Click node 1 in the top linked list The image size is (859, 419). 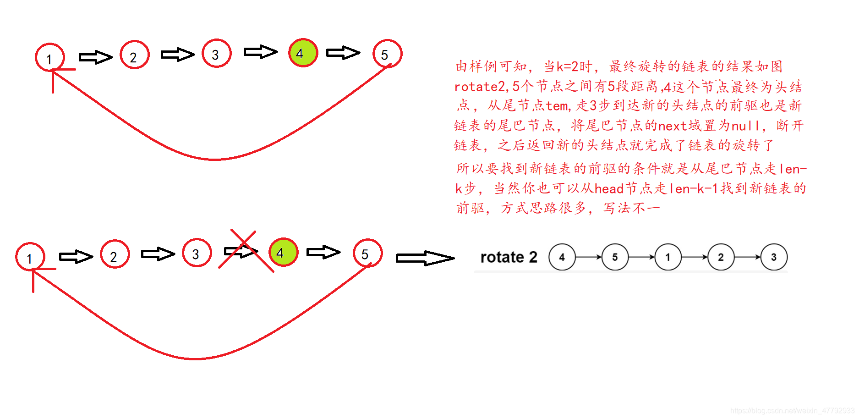49,57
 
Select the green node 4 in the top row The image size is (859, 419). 303,53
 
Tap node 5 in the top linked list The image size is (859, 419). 387,54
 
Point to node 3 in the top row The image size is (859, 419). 216,54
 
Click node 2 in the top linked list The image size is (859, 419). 134,55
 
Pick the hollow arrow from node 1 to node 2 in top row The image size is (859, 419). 95,57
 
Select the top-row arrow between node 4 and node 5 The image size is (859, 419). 343,53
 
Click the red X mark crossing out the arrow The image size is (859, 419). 245,251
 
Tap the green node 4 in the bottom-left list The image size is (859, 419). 283,252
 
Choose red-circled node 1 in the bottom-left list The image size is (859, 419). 30,257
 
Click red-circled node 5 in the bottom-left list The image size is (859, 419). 367,253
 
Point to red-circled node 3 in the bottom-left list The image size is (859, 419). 197,253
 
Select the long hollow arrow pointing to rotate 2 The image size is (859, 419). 425,258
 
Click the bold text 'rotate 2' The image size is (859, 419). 509,257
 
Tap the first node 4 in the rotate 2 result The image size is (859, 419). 562,257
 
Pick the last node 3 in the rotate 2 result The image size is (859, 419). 774,257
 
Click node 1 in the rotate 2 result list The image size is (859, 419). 668,257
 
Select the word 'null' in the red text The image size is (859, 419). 745,126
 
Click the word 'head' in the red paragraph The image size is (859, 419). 609,188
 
